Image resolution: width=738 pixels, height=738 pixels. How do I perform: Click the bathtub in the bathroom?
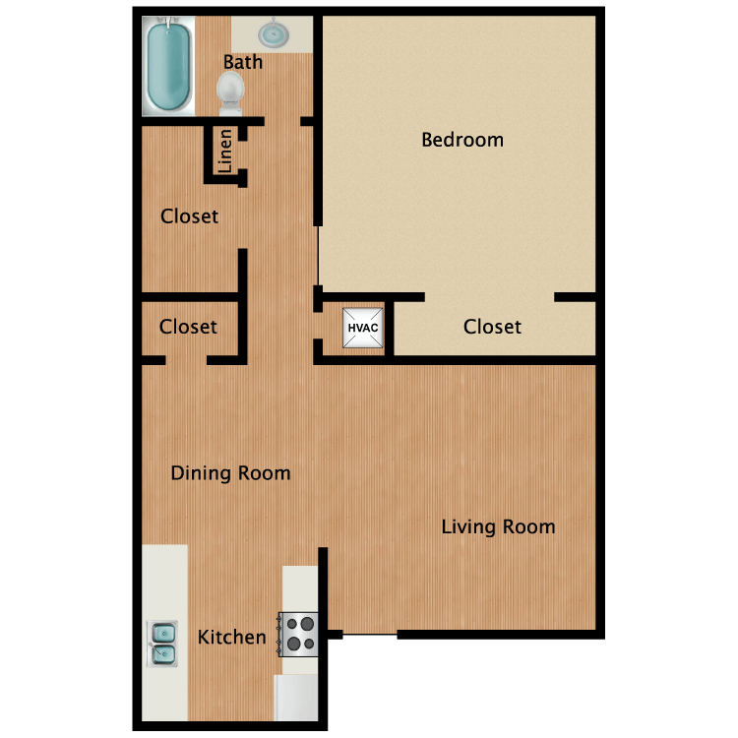point(168,66)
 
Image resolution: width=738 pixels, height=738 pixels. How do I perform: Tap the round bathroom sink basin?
point(273,34)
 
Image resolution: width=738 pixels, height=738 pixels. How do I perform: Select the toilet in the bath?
point(230,93)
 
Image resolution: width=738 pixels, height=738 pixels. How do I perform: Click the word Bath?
point(243,62)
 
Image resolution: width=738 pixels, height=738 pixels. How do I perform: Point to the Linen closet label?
point(225,152)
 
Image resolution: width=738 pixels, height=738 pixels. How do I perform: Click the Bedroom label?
point(462,140)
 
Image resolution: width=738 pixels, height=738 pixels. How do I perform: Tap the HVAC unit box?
point(362,328)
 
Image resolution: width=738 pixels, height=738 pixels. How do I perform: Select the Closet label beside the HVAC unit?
point(492,327)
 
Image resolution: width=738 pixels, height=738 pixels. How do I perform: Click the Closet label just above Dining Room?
point(188,327)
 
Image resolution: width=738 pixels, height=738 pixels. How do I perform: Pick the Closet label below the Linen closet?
point(189,216)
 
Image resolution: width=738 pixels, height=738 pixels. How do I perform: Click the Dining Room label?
point(230,473)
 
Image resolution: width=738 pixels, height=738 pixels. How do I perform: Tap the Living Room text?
point(499,527)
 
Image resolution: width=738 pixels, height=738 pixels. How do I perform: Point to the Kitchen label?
point(232,638)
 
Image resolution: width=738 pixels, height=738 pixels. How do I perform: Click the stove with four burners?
point(298,635)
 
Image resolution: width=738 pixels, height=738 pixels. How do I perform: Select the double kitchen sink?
point(162,644)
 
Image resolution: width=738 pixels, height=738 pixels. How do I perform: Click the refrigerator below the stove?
point(296,698)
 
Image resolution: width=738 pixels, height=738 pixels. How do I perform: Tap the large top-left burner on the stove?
point(307,624)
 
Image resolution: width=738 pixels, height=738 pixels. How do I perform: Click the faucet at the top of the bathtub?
point(167,23)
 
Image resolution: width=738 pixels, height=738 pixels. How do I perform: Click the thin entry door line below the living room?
point(370,635)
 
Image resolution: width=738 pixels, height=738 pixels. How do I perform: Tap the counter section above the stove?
point(300,588)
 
